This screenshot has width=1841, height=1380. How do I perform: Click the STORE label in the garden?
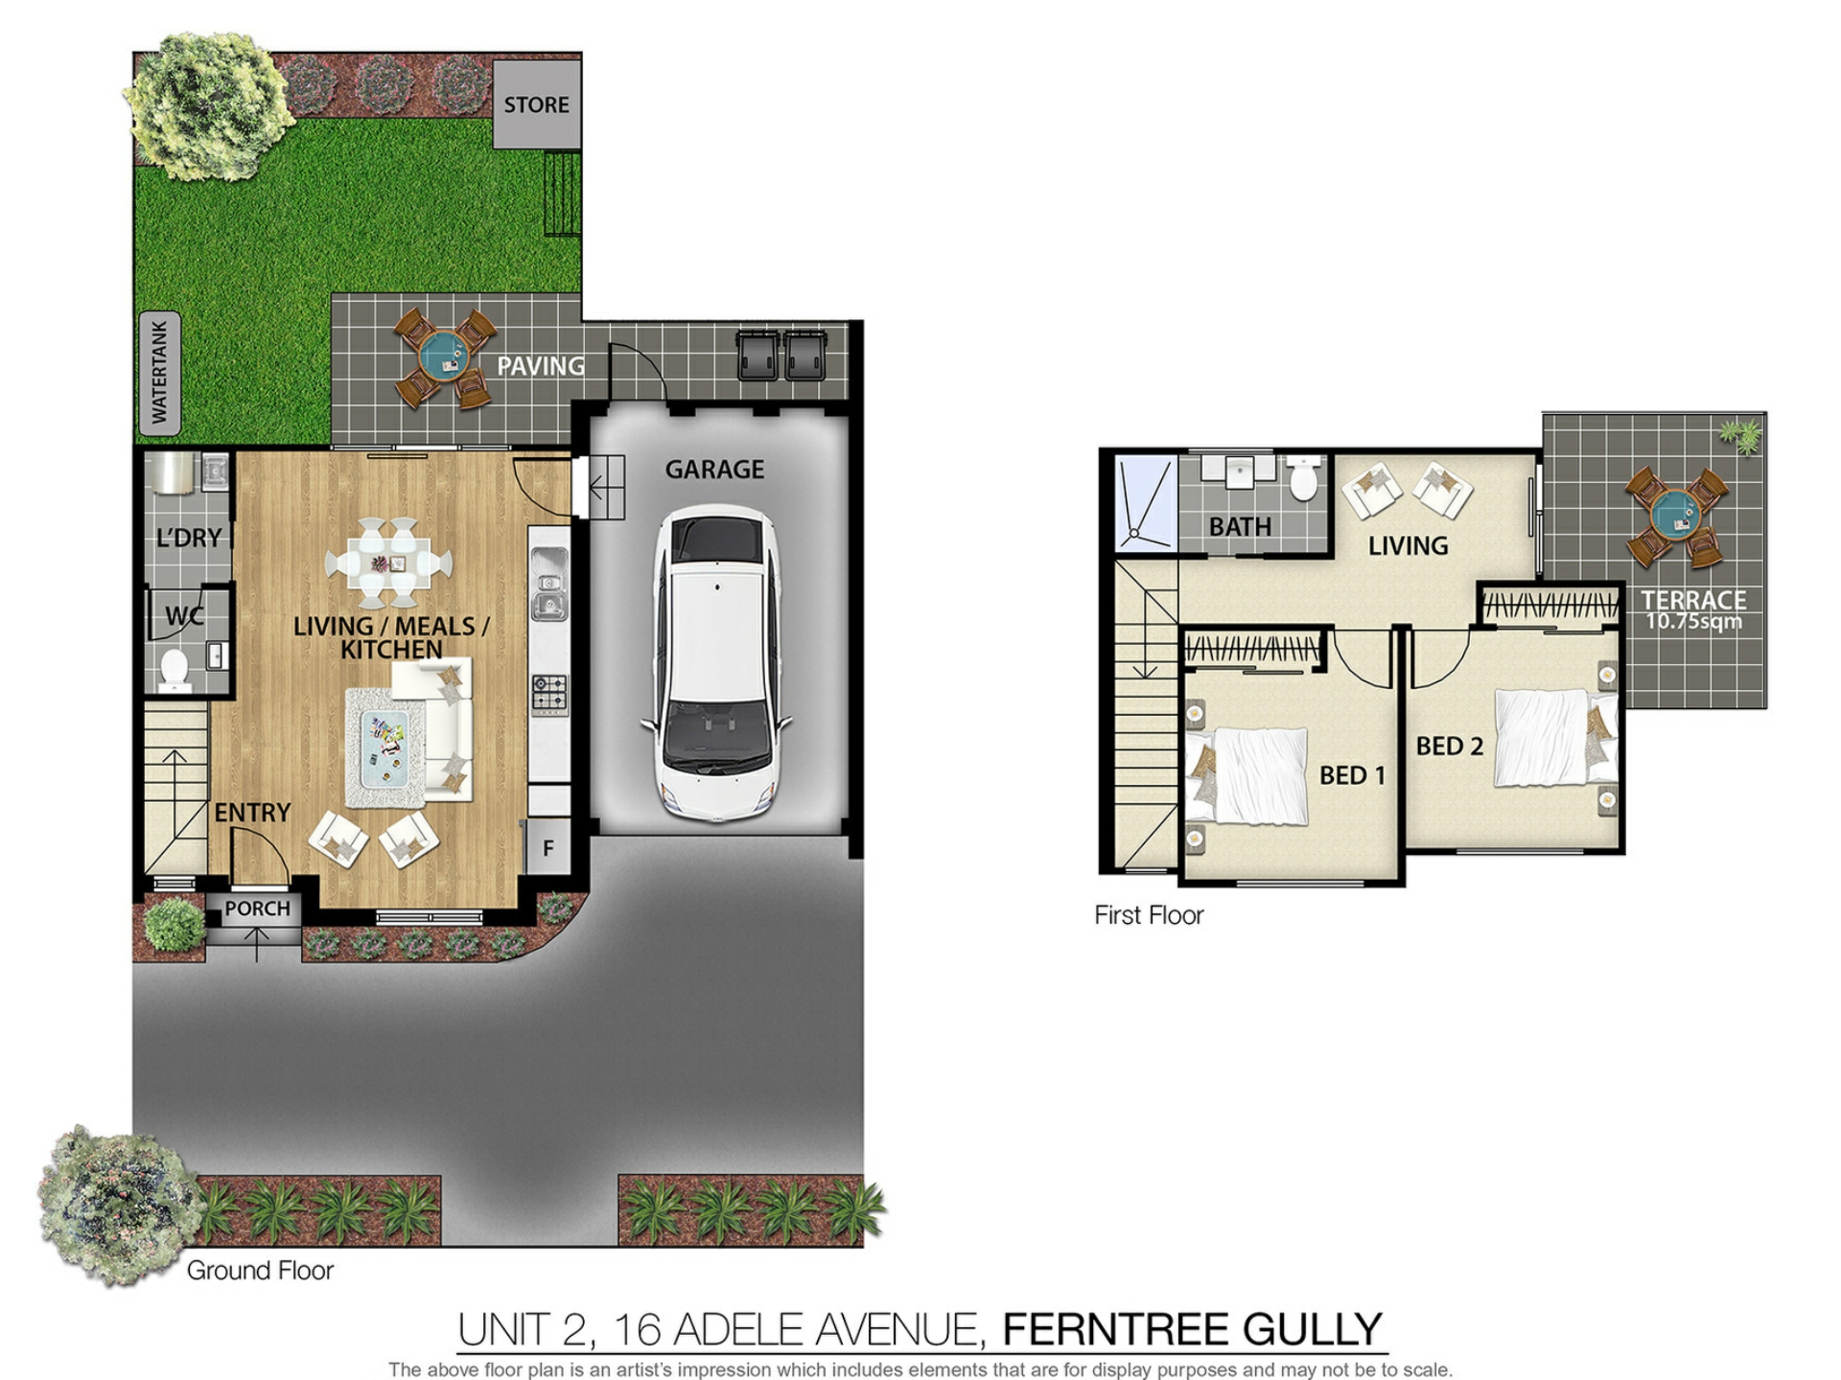point(536,104)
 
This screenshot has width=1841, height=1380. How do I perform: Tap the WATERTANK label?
point(159,372)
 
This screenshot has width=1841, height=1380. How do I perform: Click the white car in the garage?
point(716,663)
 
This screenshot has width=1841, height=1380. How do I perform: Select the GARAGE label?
point(714,470)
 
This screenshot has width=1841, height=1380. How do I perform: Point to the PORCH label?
point(257,908)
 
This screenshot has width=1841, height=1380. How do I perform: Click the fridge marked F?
point(548,847)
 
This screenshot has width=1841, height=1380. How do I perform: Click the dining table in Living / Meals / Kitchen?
point(389,563)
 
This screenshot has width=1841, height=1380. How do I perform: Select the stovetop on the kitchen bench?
point(549,695)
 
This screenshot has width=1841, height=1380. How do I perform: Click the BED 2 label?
point(1449,746)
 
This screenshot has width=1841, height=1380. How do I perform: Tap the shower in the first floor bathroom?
point(1147,503)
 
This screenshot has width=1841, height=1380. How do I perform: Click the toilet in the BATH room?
point(1303,477)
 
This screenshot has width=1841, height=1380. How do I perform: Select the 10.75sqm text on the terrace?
point(1693,621)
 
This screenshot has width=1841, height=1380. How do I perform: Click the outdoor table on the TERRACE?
point(1676,517)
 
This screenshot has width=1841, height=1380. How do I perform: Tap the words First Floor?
point(1149,915)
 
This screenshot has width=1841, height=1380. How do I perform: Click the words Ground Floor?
point(260,1270)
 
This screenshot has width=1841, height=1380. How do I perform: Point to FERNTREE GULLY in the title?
point(1192,1329)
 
